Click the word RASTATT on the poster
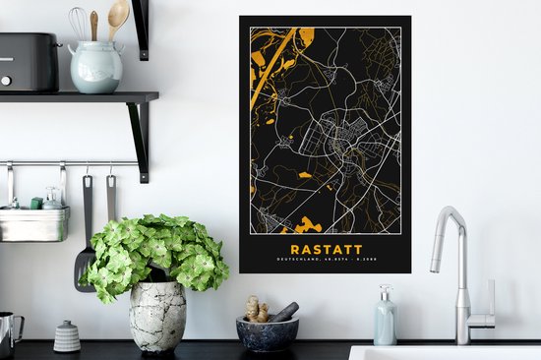click(326, 250)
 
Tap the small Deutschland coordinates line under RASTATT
click(326, 260)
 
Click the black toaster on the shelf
click(28, 62)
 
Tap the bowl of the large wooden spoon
click(119, 13)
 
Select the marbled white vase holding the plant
click(157, 316)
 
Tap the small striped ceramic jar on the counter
click(67, 336)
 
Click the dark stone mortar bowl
click(266, 334)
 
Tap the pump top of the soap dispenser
click(384, 292)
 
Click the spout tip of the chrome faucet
click(435, 267)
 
